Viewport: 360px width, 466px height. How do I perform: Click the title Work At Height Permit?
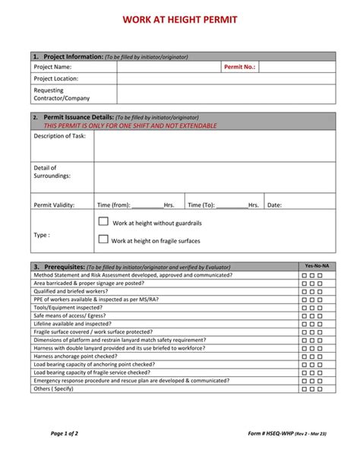point(180,19)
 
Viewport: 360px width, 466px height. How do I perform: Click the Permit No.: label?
point(239,67)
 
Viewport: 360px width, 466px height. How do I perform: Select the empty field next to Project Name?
point(168,67)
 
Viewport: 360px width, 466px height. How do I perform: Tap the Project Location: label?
point(55,78)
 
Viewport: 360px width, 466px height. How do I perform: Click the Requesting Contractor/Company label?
point(61,94)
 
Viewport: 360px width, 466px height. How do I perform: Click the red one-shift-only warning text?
point(130,125)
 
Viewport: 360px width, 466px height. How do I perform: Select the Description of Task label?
point(59,136)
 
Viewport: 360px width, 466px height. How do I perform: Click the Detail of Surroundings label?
point(52,172)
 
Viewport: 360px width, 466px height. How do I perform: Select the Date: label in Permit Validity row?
point(274,204)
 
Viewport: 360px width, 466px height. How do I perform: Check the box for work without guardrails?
point(103,221)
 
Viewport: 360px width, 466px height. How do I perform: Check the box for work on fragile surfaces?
point(103,239)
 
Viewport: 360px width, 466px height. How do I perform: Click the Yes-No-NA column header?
point(316,266)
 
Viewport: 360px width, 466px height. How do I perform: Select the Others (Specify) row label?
point(53,388)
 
